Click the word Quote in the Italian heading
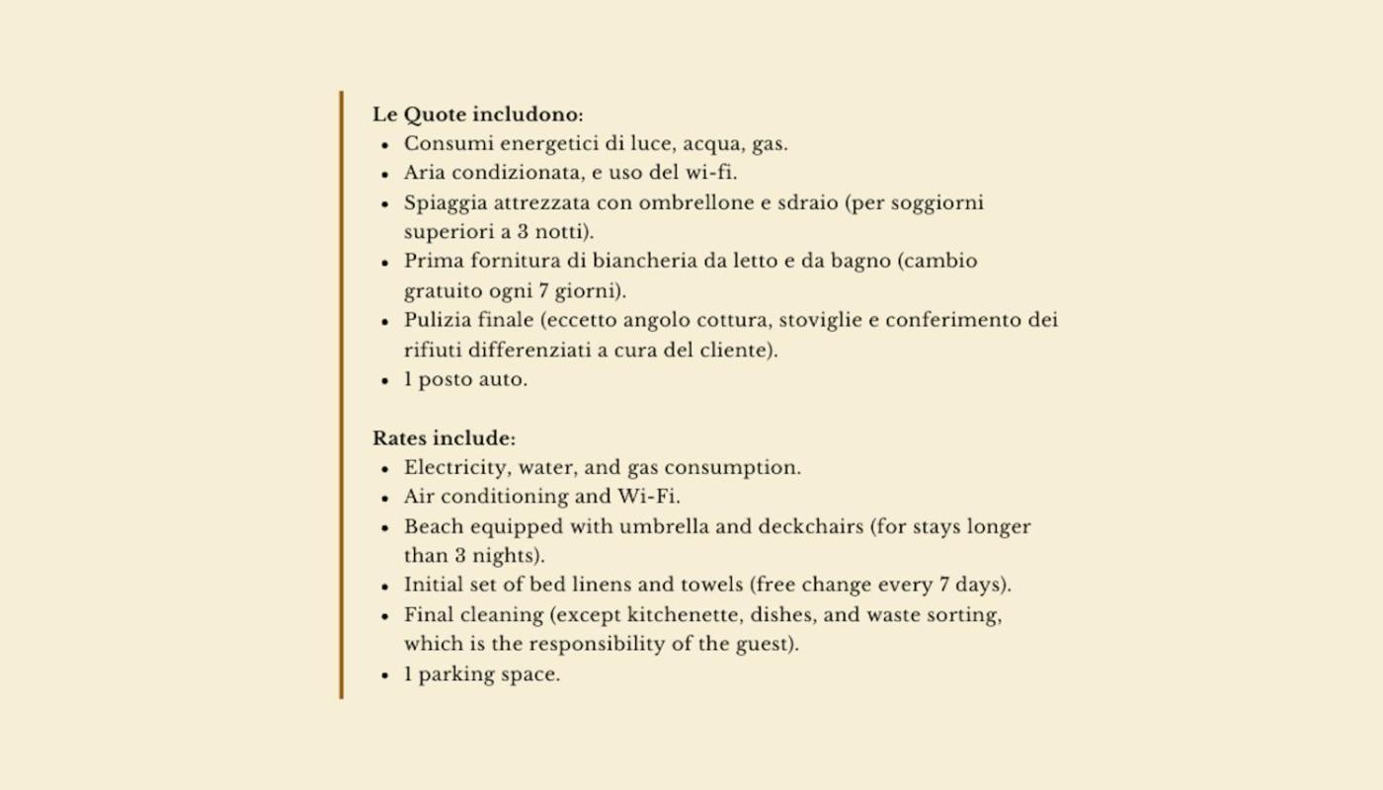point(434,115)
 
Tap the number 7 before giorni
point(543,292)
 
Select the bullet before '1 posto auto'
point(385,381)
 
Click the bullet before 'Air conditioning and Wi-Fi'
point(385,498)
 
